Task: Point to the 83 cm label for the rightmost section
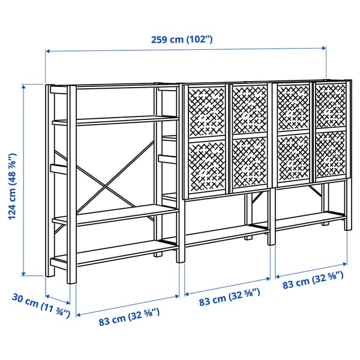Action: [x=313, y=280]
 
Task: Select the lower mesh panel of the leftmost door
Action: [x=206, y=166]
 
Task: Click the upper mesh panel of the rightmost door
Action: [x=331, y=105]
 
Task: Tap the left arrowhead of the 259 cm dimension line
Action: [x=48, y=52]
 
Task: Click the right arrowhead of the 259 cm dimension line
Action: [x=325, y=47]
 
